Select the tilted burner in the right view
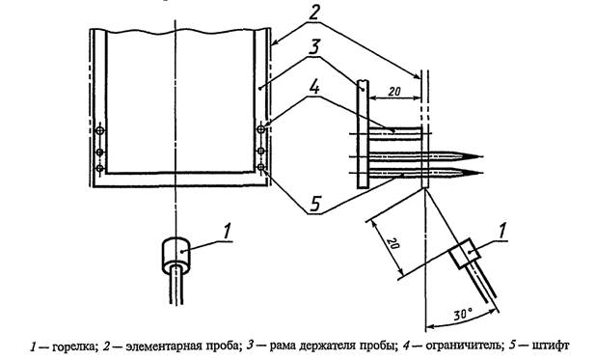pos(463,253)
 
